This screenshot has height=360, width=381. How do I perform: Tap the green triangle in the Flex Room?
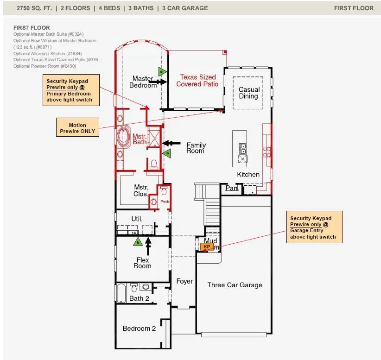137,242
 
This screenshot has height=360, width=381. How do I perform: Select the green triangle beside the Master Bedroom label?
162,71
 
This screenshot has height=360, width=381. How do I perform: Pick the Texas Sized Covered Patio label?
197,81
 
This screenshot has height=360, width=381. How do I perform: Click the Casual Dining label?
248,93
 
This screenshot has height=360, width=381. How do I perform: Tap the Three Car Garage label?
235,285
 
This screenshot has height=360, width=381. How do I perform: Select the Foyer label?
184,281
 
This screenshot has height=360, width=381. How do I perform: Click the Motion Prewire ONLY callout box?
77,128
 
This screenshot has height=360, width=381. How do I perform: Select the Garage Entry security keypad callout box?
315,227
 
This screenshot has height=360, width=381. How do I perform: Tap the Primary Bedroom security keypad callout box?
71,90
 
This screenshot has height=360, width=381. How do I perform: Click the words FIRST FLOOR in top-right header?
353,8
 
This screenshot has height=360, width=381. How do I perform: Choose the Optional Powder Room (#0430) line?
44,66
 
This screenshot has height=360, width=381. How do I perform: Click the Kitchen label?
248,174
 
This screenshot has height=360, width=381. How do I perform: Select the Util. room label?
136,218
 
